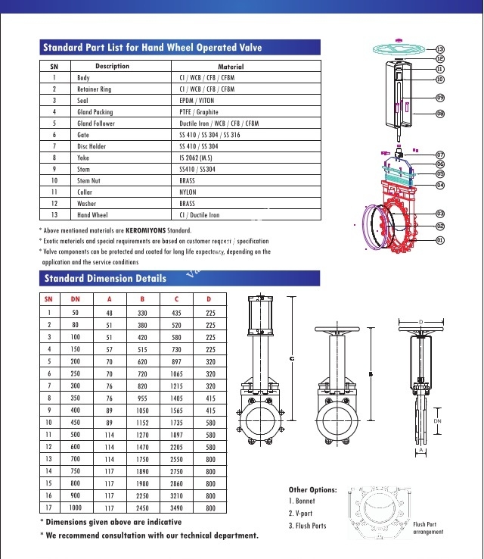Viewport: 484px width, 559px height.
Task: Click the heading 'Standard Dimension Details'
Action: tap(104, 278)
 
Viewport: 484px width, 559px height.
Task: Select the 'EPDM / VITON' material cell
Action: tap(198, 100)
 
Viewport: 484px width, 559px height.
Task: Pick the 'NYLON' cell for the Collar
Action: tap(188, 192)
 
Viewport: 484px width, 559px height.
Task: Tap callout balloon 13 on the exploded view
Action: tap(440, 49)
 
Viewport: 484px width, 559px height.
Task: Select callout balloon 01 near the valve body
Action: tap(440, 240)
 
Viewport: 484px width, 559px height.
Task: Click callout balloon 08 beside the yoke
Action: tap(440, 114)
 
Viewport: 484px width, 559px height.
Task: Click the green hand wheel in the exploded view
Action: tap(400, 50)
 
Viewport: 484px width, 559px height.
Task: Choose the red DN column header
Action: tap(75, 298)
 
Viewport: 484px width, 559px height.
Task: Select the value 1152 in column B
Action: tap(142, 422)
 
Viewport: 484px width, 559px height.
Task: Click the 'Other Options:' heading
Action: tap(312, 490)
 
